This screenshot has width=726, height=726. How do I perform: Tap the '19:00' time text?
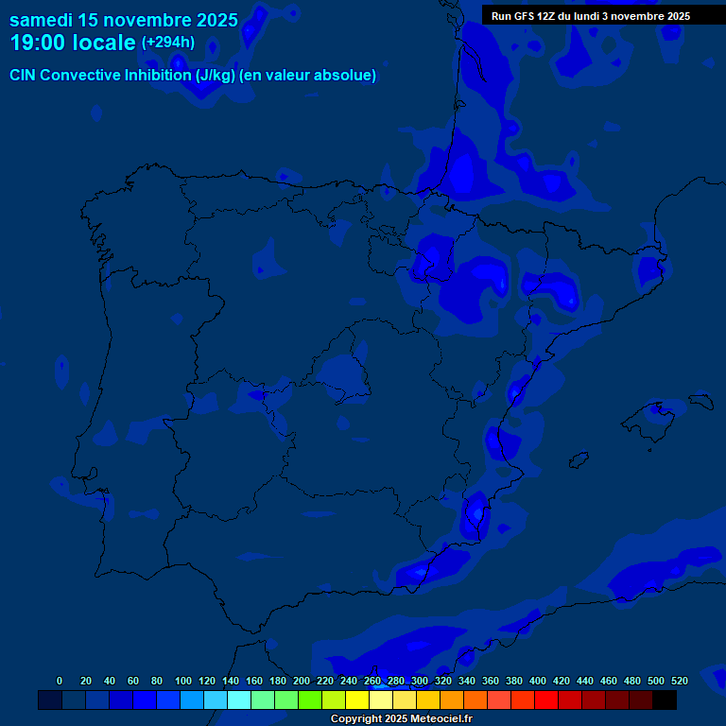40,43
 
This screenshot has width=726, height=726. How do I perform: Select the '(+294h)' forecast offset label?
168,42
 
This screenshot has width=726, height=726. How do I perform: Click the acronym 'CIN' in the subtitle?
24,76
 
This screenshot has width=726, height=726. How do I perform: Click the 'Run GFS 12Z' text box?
590,16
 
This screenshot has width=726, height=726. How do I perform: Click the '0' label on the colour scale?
60,681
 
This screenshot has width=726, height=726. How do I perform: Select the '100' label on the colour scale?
183,681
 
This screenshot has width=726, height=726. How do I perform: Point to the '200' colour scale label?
302,681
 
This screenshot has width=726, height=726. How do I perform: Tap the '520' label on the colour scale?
680,681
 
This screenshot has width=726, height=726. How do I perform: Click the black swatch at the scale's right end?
665,700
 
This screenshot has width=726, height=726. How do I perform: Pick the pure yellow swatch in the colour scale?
357,700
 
